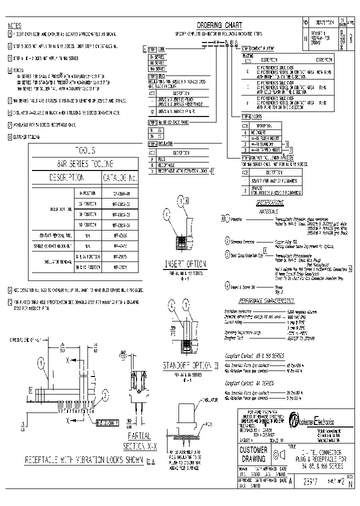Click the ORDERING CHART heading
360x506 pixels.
[219, 25]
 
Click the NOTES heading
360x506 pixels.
[14, 25]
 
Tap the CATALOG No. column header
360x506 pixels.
[119, 178]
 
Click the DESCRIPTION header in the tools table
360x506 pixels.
[66, 178]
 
